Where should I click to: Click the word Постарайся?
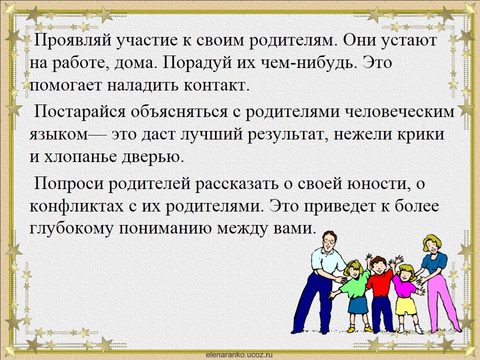[x=79, y=111]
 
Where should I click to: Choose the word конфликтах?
[x=76, y=206]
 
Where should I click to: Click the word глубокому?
[x=71, y=229]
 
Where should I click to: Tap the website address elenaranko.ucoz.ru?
[x=239, y=355]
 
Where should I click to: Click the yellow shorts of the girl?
[x=406, y=305]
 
